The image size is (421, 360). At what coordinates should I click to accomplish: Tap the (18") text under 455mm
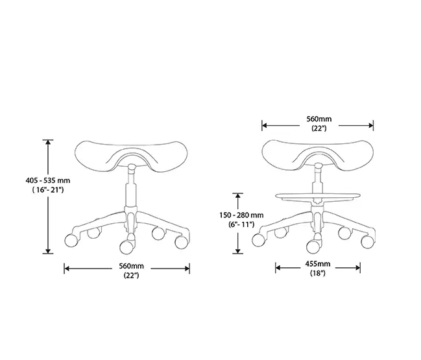coord(318,274)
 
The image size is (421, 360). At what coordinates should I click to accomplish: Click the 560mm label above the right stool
coord(319,119)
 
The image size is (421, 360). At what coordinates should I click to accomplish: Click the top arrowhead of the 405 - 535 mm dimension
coord(47,142)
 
